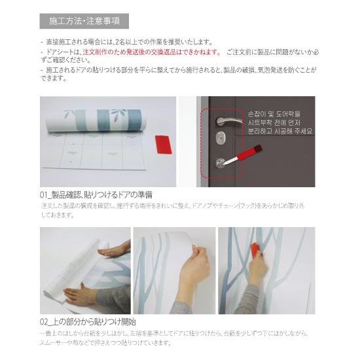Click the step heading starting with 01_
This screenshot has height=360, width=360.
coord(96,194)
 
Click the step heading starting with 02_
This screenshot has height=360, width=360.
coord(88,322)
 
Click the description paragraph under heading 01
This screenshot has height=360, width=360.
coord(173,209)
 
